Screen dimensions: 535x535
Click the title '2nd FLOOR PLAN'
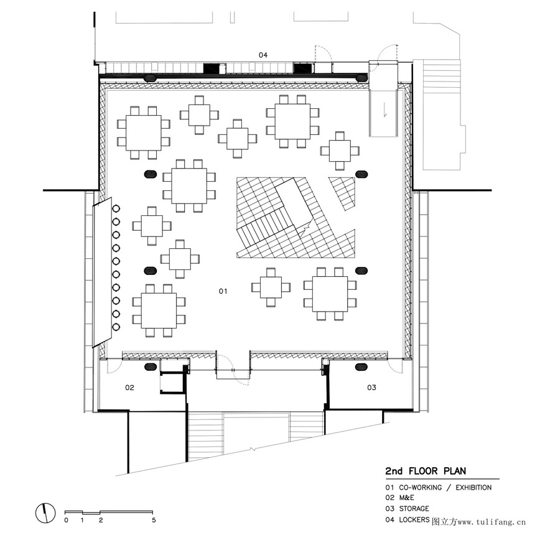click(x=426, y=471)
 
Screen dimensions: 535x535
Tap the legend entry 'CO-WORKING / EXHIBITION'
click(x=445, y=488)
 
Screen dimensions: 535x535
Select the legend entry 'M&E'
click(x=407, y=498)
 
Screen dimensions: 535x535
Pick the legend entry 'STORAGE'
click(x=414, y=509)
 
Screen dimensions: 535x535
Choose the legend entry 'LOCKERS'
click(x=414, y=519)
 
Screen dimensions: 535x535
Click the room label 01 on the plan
click(x=223, y=291)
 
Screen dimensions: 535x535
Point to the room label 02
click(x=129, y=388)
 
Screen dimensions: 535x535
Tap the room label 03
click(x=371, y=388)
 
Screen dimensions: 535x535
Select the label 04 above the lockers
click(x=263, y=55)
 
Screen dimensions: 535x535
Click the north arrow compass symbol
click(x=45, y=513)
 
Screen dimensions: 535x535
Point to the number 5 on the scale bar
click(x=154, y=520)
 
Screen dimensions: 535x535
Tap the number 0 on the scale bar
click(x=66, y=520)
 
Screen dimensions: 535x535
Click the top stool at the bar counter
click(x=116, y=208)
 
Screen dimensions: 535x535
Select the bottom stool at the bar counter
click(x=116, y=327)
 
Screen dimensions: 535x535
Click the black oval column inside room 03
click(x=361, y=367)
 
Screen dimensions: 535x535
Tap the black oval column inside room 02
click(x=151, y=367)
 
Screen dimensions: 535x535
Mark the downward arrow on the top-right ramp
click(x=385, y=109)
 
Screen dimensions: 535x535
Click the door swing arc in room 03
click(x=396, y=366)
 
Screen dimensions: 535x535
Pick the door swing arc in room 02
click(x=114, y=366)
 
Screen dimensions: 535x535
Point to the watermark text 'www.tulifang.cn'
click(x=491, y=522)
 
